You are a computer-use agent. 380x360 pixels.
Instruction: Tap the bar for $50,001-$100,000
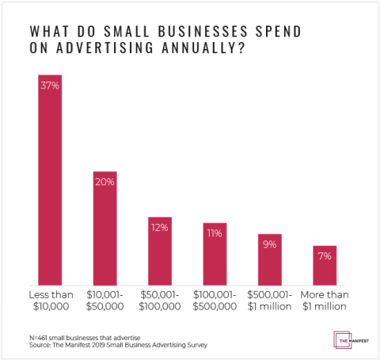[160, 251]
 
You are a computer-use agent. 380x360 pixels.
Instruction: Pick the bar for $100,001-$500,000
[215, 254]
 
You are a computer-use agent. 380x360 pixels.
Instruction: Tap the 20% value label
[105, 182]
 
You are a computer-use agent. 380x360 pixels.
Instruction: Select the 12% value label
[160, 228]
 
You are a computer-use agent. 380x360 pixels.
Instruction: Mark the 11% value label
[215, 234]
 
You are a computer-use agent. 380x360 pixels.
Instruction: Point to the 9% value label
[270, 244]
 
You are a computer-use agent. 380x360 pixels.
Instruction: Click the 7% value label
[325, 256]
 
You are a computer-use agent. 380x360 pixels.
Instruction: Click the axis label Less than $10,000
[50, 300]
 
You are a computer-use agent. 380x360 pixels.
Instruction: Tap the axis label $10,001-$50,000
[105, 300]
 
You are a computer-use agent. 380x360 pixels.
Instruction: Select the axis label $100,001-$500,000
[215, 300]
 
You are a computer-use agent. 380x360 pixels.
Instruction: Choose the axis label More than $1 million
[325, 300]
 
